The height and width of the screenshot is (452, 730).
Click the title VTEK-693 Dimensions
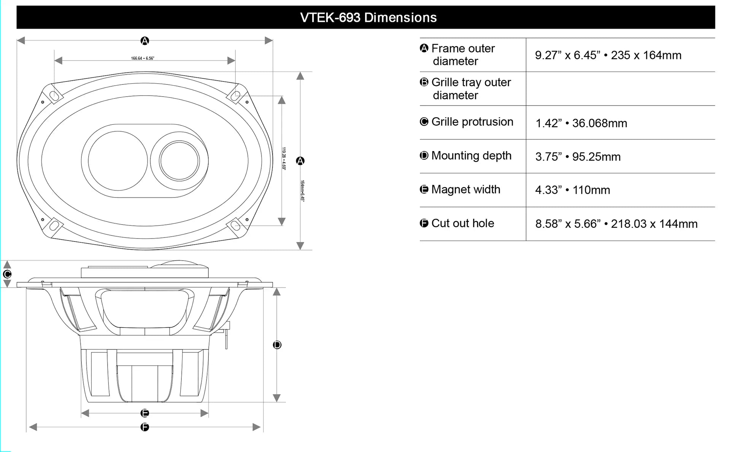point(368,18)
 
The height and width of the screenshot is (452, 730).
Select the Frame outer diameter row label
point(463,55)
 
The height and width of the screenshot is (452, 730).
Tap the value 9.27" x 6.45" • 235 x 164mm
point(608,55)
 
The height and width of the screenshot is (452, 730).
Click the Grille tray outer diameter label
point(471,89)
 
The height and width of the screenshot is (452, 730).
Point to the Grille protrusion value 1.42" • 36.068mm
point(581,123)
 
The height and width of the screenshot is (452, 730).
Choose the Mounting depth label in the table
point(471,156)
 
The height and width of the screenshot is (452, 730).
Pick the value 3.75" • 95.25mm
point(578,157)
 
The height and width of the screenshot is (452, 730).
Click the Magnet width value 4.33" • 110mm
point(572,190)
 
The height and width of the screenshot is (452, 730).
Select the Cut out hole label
point(462,223)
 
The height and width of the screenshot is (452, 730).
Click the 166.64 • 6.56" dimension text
point(143,58)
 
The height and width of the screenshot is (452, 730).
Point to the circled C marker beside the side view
point(7,274)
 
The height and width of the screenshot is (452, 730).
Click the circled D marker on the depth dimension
point(277,345)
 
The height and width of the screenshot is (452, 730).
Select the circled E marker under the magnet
point(144,413)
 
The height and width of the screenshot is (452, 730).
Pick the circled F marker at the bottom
point(144,427)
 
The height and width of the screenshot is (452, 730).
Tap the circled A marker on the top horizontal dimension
point(144,41)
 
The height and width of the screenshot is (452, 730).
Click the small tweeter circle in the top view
point(179,161)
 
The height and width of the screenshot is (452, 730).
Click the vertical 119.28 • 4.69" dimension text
point(284,158)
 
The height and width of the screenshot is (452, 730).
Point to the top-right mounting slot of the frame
point(235,95)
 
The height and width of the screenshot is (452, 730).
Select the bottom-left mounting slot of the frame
point(54,226)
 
